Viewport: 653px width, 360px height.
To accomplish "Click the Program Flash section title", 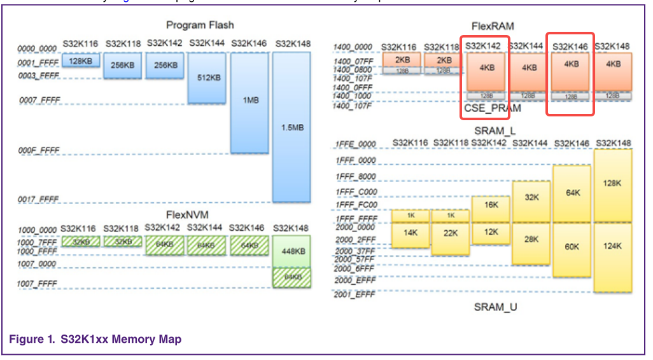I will pyautogui.click(x=200, y=25).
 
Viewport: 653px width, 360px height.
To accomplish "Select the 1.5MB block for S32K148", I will pyautogui.click(x=291, y=127).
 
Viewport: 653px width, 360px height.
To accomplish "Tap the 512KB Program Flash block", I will pyautogui.click(x=207, y=78).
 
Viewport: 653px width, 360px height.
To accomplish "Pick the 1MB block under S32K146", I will pyautogui.click(x=249, y=101).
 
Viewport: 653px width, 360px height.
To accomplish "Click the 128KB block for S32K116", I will pyautogui.click(x=81, y=61).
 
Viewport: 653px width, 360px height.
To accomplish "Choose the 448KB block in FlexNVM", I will pyautogui.click(x=291, y=251).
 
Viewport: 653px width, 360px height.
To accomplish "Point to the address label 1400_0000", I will pyautogui.click(x=353, y=47).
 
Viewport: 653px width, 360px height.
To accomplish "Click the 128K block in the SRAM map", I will pyautogui.click(x=613, y=183).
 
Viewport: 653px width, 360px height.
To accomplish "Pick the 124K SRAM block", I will pyautogui.click(x=613, y=246).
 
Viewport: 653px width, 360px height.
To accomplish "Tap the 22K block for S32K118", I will pyautogui.click(x=451, y=233).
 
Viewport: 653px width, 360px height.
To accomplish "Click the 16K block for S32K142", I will pyautogui.click(x=491, y=205).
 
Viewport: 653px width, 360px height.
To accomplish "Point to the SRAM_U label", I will pyautogui.click(x=495, y=307).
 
